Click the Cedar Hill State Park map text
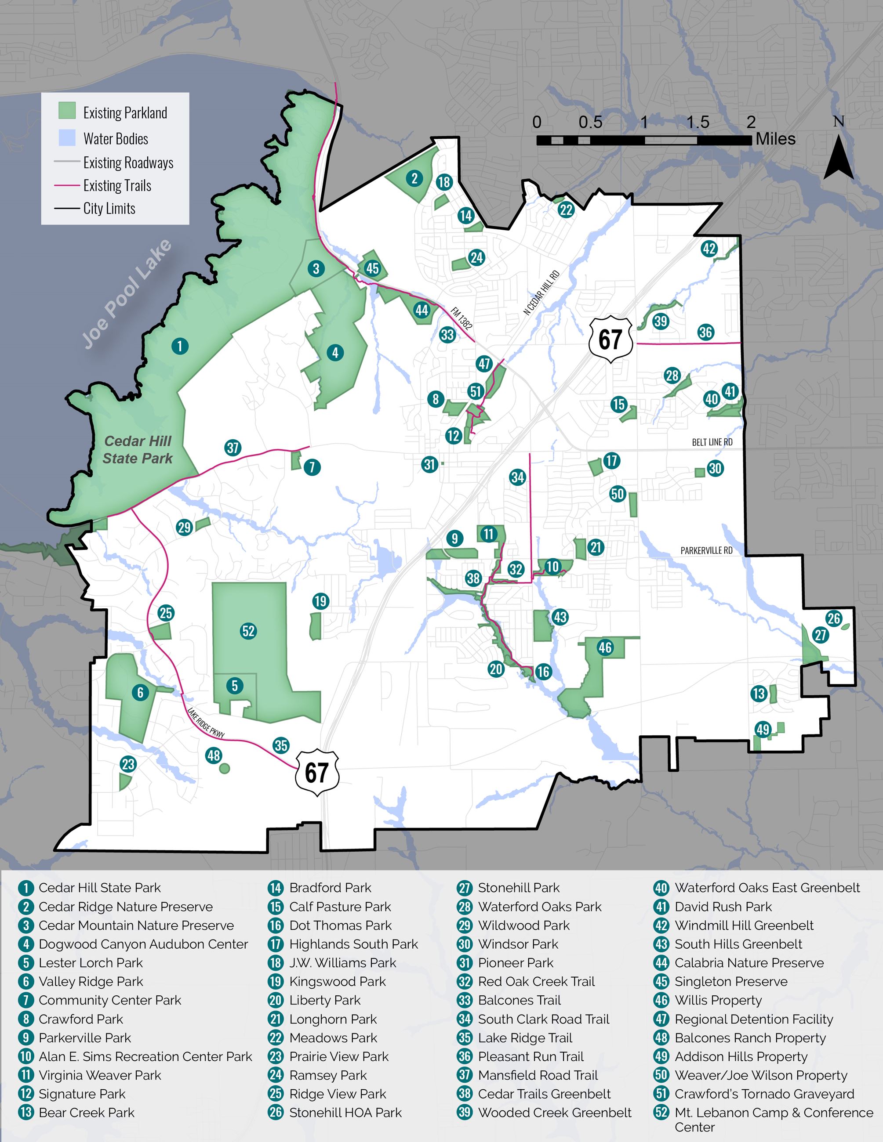pyautogui.click(x=138, y=450)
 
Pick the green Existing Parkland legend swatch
pyautogui.click(x=67, y=111)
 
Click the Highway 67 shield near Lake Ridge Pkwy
pyautogui.click(x=317, y=772)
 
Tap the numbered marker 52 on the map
pyautogui.click(x=248, y=631)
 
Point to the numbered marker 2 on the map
pyautogui.click(x=414, y=178)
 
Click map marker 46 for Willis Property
pyautogui.click(x=605, y=647)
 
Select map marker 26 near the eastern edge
pyautogui.click(x=833, y=618)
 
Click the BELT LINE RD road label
pyautogui.click(x=712, y=442)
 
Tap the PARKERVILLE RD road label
pyautogui.click(x=706, y=551)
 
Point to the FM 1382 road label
pyautogui.click(x=461, y=318)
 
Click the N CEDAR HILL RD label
pyautogui.click(x=541, y=293)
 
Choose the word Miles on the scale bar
pyautogui.click(x=775, y=139)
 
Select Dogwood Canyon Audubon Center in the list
pyautogui.click(x=143, y=944)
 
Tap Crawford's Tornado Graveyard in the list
pyautogui.click(x=764, y=1094)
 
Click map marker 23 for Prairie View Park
pyautogui.click(x=128, y=764)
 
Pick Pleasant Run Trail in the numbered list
pyautogui.click(x=531, y=1056)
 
